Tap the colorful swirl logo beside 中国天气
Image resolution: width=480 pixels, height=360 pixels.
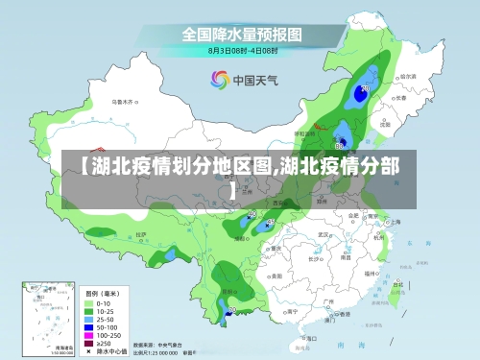tap(219, 80)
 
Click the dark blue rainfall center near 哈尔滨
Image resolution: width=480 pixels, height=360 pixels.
tap(364, 90)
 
